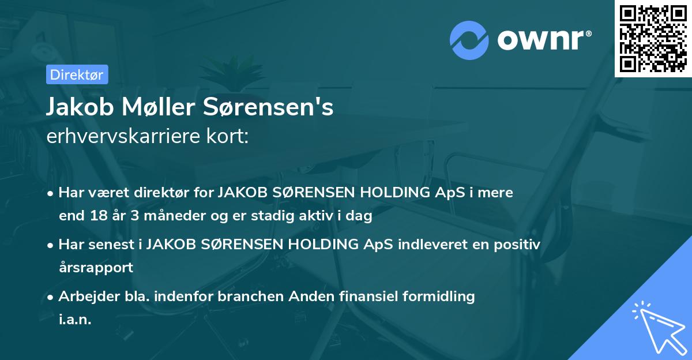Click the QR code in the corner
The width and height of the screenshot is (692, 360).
[653, 38]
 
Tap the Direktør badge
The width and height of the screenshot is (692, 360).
[77, 74]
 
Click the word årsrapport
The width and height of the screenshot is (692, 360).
[96, 268]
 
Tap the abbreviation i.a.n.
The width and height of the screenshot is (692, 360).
[75, 320]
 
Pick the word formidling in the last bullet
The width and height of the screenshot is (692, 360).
[437, 297]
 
